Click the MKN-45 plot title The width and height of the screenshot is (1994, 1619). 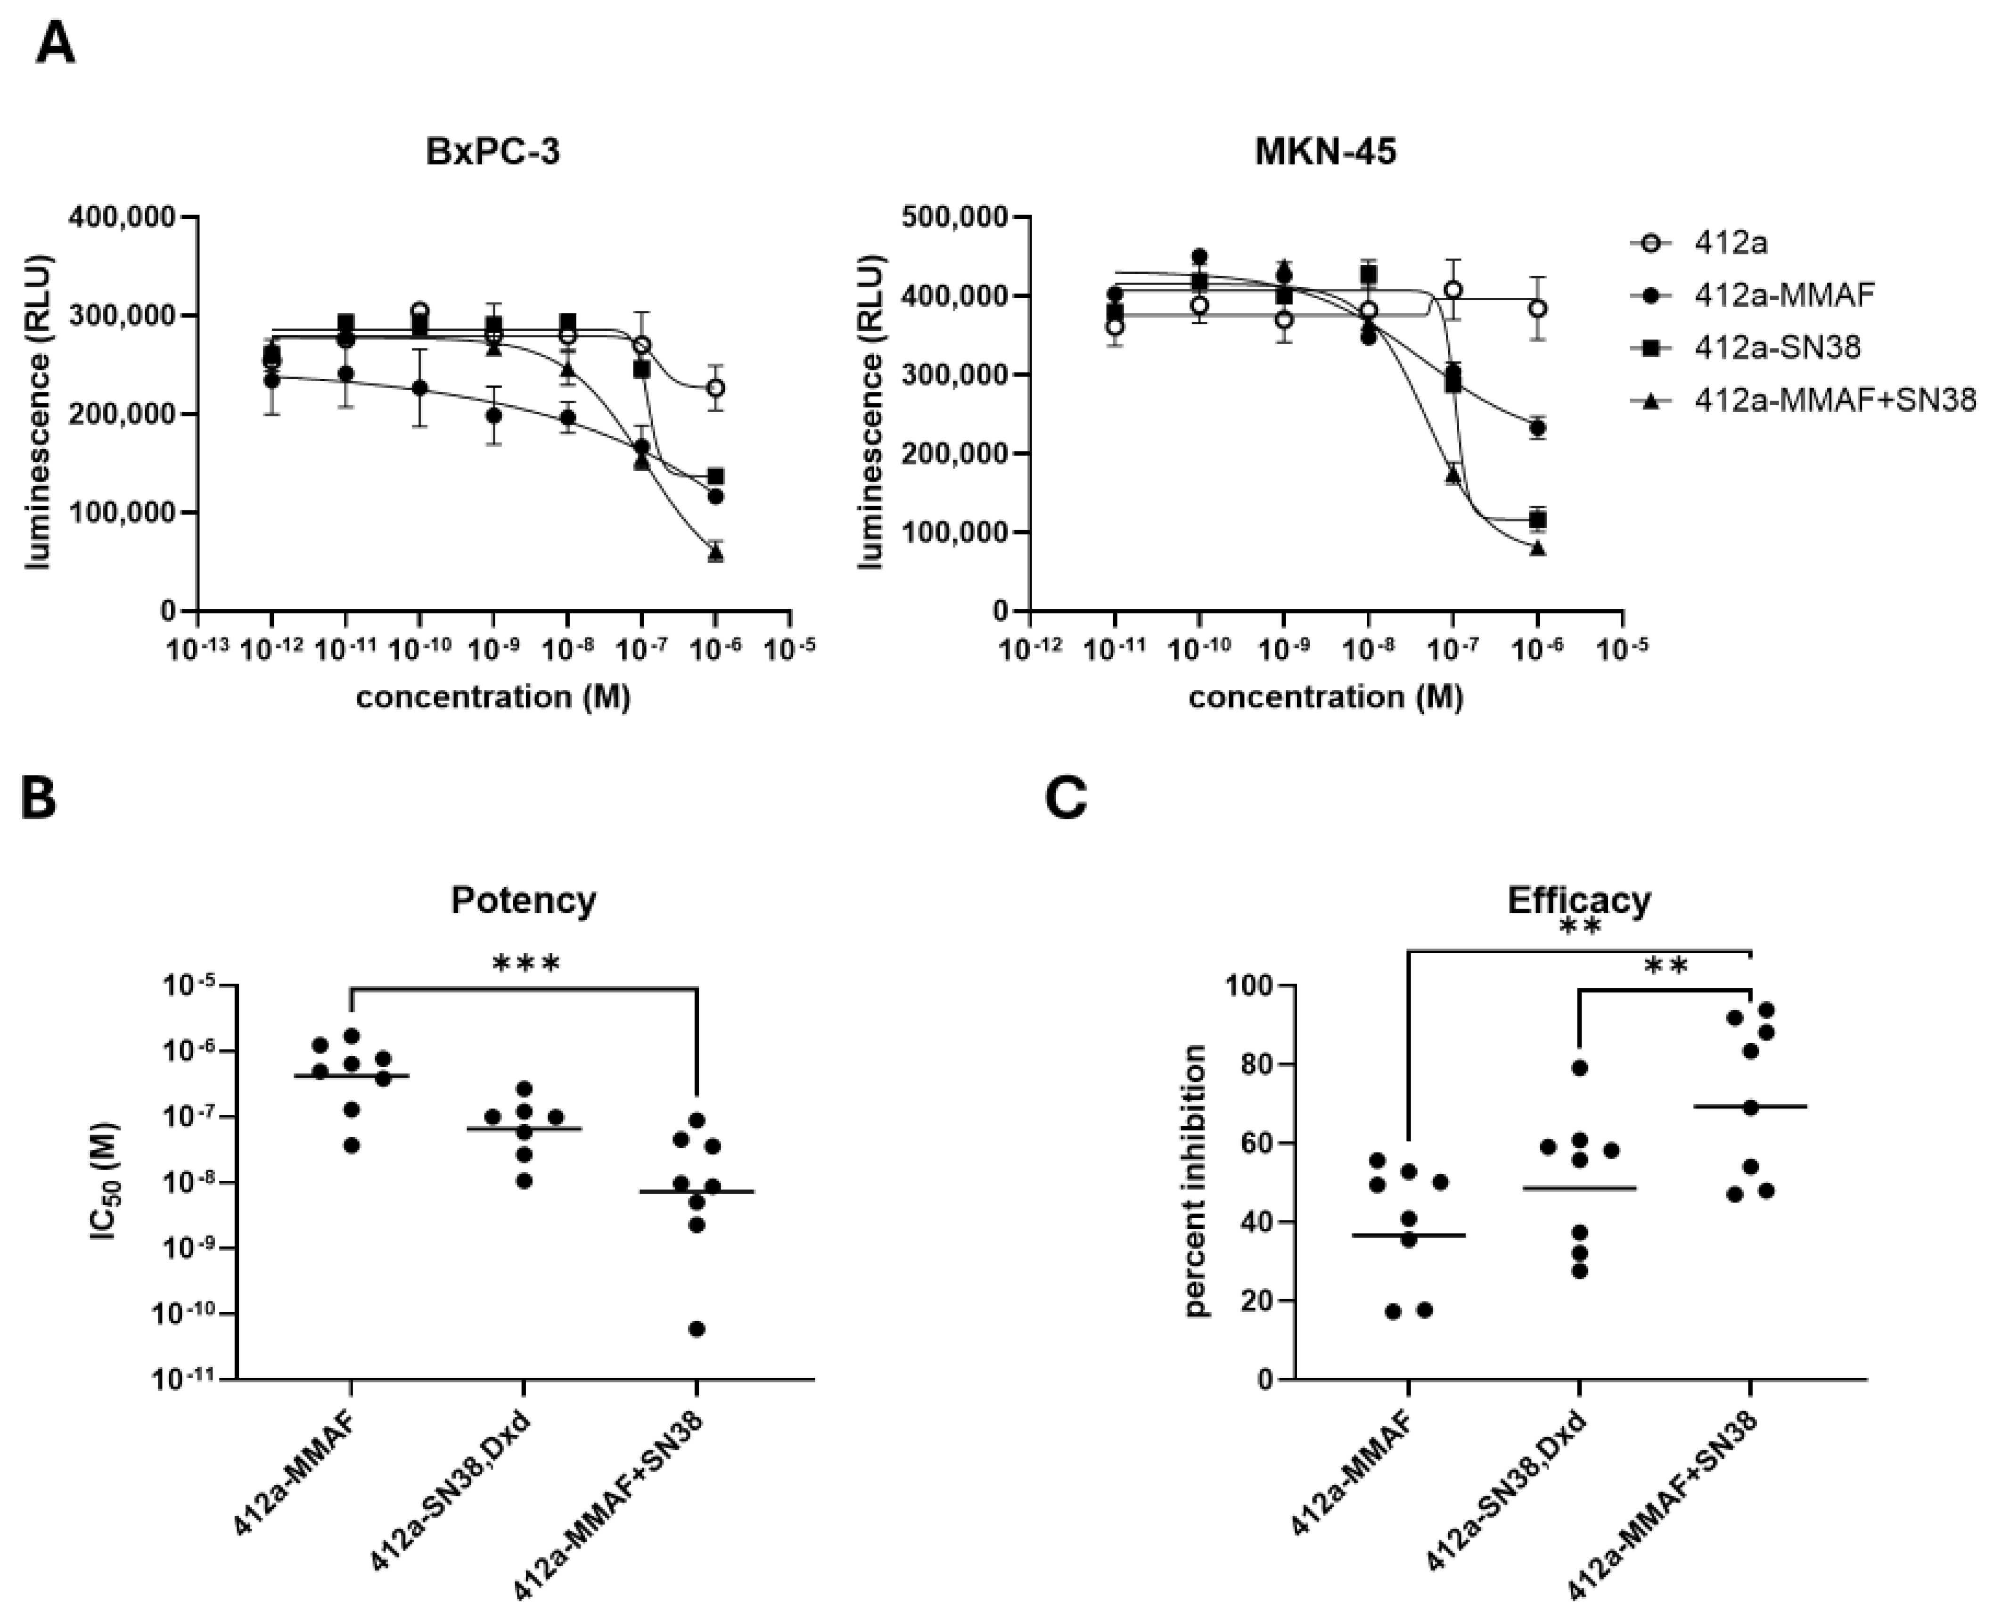coord(1325,151)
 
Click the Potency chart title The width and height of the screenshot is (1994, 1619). coord(523,900)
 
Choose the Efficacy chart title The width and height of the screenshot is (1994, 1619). coord(1579,900)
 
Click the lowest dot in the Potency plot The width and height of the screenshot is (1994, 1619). coord(697,1329)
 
